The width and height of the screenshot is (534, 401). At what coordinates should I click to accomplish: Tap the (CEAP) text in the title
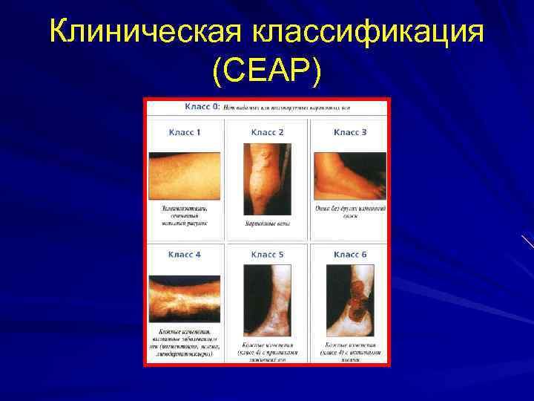pyautogui.click(x=267, y=71)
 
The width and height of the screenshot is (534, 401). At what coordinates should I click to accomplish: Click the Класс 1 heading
pyautogui.click(x=185, y=132)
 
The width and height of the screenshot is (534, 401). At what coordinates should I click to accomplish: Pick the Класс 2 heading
pyautogui.click(x=267, y=132)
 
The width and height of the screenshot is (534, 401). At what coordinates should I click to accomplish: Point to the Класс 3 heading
pyautogui.click(x=350, y=132)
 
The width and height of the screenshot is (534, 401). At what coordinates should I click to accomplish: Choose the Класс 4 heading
pyautogui.click(x=185, y=255)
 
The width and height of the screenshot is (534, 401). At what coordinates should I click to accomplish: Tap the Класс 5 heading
pyautogui.click(x=267, y=255)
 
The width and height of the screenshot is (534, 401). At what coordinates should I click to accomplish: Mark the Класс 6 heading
pyautogui.click(x=350, y=255)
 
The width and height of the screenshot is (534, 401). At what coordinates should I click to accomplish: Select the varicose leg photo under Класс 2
pyautogui.click(x=267, y=178)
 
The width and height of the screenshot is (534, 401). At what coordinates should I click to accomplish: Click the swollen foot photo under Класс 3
pyautogui.click(x=350, y=175)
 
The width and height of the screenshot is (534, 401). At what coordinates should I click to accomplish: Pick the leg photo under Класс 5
pyautogui.click(x=267, y=300)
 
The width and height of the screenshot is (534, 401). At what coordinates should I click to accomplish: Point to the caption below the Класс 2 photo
pyautogui.click(x=267, y=224)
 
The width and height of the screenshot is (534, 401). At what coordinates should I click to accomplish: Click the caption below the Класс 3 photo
pyautogui.click(x=350, y=212)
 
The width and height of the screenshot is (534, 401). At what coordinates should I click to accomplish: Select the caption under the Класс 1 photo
pyautogui.click(x=185, y=215)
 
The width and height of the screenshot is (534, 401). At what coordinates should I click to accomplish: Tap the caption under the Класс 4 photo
pyautogui.click(x=185, y=343)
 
